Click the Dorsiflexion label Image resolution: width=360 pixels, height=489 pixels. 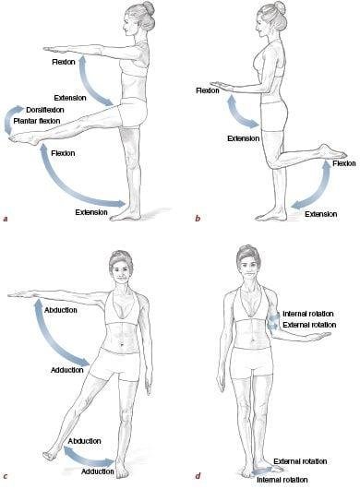click(x=45, y=110)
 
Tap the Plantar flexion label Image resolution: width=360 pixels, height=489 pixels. click(x=37, y=121)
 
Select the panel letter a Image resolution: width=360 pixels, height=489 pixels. click(x=5, y=219)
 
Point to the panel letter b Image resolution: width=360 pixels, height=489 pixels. click(x=198, y=219)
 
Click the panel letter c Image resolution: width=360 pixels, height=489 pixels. click(x=5, y=476)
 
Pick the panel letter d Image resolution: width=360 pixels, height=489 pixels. click(x=198, y=476)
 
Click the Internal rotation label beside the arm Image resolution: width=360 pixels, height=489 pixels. click(x=308, y=314)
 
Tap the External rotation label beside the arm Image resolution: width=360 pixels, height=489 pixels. click(x=309, y=325)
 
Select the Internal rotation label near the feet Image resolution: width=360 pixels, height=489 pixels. click(x=282, y=480)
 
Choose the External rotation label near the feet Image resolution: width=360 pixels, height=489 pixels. click(x=300, y=461)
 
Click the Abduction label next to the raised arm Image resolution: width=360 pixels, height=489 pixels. click(x=61, y=310)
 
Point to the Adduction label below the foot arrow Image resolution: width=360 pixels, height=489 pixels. click(x=97, y=471)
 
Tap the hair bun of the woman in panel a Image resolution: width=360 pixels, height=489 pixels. click(x=149, y=7)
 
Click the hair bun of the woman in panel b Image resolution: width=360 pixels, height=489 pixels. click(x=280, y=7)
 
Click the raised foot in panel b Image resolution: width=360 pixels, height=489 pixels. click(x=331, y=151)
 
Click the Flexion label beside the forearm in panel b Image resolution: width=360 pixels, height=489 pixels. click(x=208, y=90)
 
